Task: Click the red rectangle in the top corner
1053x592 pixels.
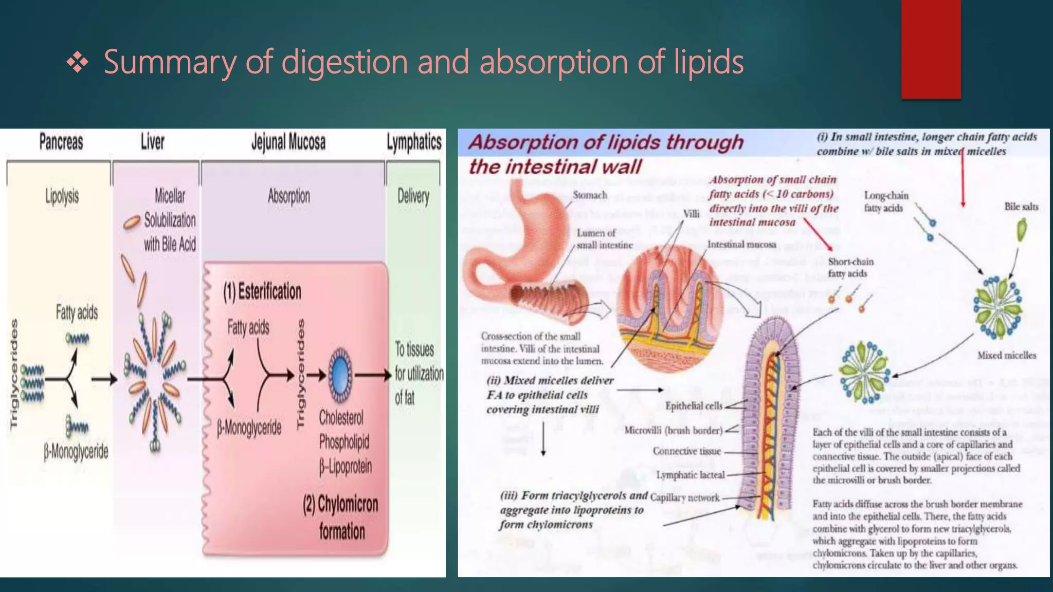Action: click(x=931, y=49)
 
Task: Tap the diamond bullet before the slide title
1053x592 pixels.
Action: click(x=77, y=63)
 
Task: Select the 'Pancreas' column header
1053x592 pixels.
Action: click(x=61, y=142)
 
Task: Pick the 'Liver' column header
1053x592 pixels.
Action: click(x=153, y=142)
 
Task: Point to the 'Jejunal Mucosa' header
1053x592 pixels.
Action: click(x=288, y=142)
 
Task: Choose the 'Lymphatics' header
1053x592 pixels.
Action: click(x=414, y=142)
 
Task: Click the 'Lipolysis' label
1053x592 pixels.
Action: click(x=62, y=196)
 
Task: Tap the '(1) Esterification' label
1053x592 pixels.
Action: click(x=262, y=291)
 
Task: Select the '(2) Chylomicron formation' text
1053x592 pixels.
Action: click(x=341, y=517)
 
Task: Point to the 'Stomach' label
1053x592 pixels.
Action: click(x=590, y=195)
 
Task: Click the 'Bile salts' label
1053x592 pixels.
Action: click(x=1021, y=207)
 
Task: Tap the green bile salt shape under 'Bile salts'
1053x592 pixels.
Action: click(x=1021, y=230)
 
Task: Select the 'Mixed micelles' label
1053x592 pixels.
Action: click(x=1006, y=355)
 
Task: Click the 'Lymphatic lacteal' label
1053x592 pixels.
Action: click(x=690, y=475)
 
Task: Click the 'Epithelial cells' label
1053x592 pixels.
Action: click(x=694, y=406)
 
